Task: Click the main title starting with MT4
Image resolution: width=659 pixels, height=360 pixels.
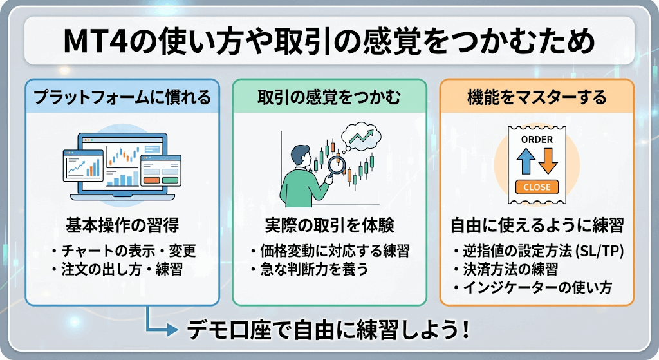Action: [x=329, y=41]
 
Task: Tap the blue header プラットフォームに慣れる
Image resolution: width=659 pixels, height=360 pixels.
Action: [x=122, y=97]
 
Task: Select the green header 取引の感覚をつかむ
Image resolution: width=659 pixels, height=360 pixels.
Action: [x=329, y=97]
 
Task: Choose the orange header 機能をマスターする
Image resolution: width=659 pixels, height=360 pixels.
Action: [x=537, y=97]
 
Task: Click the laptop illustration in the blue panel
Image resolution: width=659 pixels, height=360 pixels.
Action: [x=122, y=166]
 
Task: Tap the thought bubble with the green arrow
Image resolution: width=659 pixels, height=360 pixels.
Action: [x=361, y=137]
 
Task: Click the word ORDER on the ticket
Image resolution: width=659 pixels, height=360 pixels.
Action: [x=537, y=139]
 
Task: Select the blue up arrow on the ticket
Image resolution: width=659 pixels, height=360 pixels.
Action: [x=525, y=161]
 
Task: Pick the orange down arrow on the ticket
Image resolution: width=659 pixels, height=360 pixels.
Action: [x=548, y=161]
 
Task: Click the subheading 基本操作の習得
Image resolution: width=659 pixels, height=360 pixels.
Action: [x=122, y=226]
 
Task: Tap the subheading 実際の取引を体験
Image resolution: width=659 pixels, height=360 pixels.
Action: [x=329, y=226]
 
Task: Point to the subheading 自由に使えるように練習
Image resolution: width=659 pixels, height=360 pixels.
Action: [x=537, y=226]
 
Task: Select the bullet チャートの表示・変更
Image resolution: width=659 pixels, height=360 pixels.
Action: [x=124, y=251]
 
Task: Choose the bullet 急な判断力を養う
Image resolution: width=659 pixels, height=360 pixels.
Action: [x=310, y=269]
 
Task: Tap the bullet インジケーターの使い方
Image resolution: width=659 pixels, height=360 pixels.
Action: [x=532, y=288]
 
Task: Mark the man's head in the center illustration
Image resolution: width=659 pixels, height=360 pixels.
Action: [x=301, y=156]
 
